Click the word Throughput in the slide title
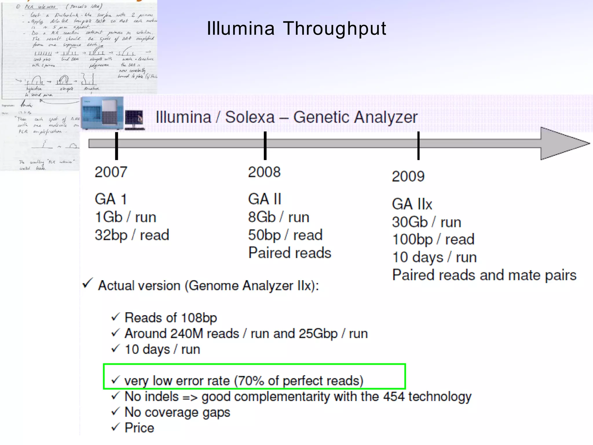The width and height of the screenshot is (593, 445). click(334, 28)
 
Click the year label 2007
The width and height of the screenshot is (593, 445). click(111, 172)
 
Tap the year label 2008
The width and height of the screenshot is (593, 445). click(264, 172)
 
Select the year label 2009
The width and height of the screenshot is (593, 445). click(408, 176)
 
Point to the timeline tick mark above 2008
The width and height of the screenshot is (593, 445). click(265, 145)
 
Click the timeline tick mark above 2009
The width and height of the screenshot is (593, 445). click(418, 145)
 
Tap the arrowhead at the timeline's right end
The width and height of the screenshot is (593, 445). click(563, 143)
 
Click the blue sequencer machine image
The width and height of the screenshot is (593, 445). click(102, 113)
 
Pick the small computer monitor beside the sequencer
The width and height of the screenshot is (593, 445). click(134, 119)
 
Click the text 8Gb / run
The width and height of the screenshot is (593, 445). click(279, 217)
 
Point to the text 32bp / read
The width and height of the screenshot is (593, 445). click(132, 235)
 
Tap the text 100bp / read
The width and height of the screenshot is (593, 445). click(433, 239)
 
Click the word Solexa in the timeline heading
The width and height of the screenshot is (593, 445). click(250, 117)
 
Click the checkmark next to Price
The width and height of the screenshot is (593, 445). click(116, 427)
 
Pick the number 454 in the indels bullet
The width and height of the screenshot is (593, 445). click(393, 396)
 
